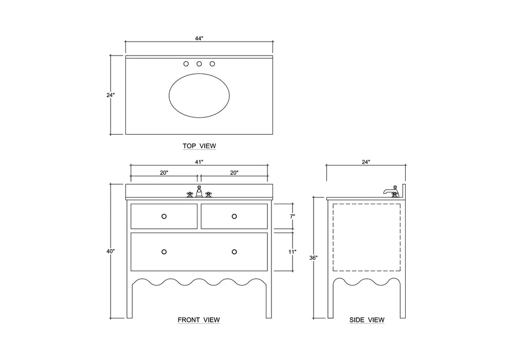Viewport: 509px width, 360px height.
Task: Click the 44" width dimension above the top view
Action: click(199, 39)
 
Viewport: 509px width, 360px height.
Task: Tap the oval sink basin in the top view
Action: click(199, 96)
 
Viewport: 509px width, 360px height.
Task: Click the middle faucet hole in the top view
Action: click(199, 64)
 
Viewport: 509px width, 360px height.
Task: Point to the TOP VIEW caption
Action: click(199, 146)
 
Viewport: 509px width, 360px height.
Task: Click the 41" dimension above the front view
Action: click(199, 162)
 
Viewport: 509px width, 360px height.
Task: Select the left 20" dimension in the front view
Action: click(164, 173)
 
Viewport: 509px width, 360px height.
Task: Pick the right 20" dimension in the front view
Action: click(234, 173)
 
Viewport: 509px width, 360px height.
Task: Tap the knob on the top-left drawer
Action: click(164, 217)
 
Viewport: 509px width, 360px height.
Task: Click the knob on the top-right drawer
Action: click(234, 217)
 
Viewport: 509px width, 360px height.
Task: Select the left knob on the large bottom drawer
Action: click(164, 251)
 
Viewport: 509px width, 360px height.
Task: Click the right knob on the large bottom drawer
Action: click(234, 251)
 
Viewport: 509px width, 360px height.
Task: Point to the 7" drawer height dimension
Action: click(292, 217)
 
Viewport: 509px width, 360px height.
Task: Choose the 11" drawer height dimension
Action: click(292, 252)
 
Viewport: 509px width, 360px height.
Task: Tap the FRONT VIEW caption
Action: click(198, 320)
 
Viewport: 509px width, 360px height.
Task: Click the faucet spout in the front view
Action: click(199, 192)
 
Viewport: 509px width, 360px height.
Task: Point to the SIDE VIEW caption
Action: click(367, 320)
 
